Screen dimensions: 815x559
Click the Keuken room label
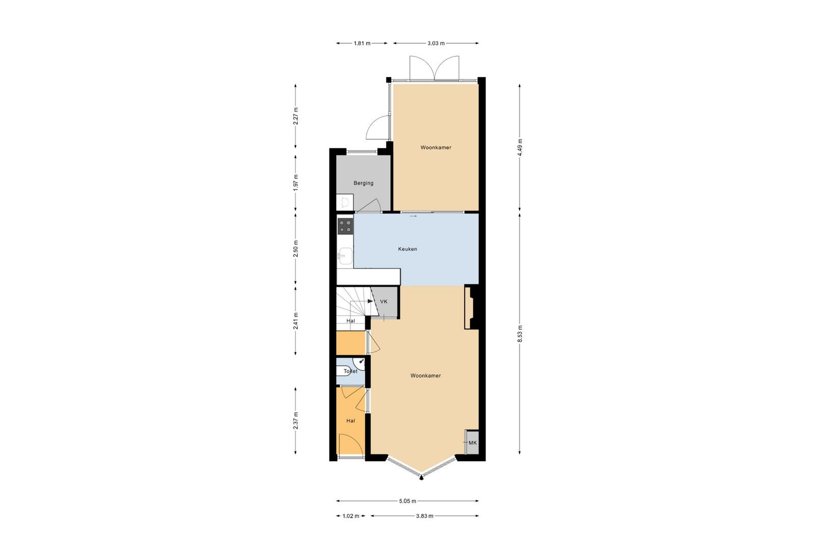coord(407,249)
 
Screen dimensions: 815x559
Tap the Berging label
coord(363,183)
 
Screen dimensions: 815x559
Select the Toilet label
coord(350,371)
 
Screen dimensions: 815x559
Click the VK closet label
coord(384,302)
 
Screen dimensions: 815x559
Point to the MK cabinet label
coord(473,443)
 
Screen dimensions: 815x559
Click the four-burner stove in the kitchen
coord(345,226)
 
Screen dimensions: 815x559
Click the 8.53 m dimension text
coord(520,334)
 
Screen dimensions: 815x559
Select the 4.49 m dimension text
coord(520,147)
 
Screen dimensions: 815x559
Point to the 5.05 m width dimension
coord(407,501)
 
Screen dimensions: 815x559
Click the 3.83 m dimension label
coord(425,516)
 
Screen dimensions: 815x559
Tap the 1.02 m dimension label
coord(351,516)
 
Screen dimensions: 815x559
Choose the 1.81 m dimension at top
coord(362,43)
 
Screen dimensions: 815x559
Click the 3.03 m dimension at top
coord(436,43)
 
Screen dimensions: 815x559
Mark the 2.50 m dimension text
coord(296,249)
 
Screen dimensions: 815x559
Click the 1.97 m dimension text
coord(296,183)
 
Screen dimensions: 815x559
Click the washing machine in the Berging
coord(344,202)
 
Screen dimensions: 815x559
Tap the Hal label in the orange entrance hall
coord(350,421)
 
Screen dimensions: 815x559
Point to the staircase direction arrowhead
coord(371,301)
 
